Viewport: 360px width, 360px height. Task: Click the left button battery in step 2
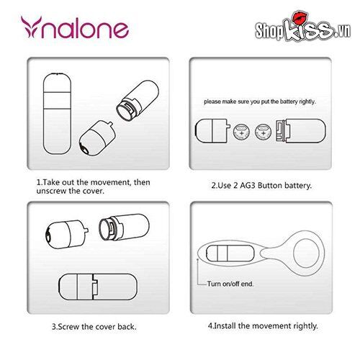click(243, 131)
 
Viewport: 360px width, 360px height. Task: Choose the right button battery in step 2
click(264, 131)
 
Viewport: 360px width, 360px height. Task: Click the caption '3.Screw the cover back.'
click(93, 326)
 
